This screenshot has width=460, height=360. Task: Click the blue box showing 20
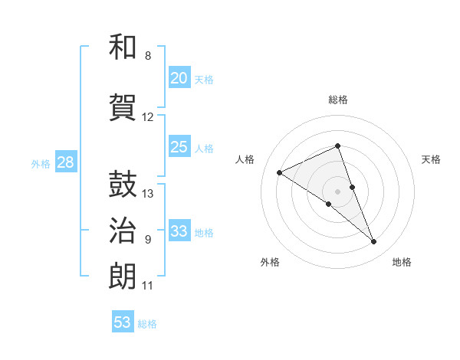click(x=179, y=78)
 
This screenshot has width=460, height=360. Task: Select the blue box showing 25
click(x=179, y=147)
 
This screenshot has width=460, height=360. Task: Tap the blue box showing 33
click(x=179, y=231)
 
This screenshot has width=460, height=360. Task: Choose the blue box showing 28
click(x=65, y=162)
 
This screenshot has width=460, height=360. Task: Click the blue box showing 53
click(x=123, y=322)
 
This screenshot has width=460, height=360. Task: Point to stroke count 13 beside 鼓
click(x=149, y=193)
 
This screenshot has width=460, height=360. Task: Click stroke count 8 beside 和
click(x=148, y=55)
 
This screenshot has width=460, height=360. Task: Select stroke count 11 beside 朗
click(x=148, y=286)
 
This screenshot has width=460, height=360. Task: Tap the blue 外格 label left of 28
click(x=41, y=163)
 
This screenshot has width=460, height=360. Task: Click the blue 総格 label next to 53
click(x=147, y=324)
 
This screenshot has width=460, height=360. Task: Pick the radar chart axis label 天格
click(x=431, y=159)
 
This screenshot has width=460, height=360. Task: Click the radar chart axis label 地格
click(x=402, y=262)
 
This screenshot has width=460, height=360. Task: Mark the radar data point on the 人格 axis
click(x=280, y=172)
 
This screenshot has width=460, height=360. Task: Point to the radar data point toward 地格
click(x=373, y=242)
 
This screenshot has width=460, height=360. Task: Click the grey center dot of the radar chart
click(x=337, y=191)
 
